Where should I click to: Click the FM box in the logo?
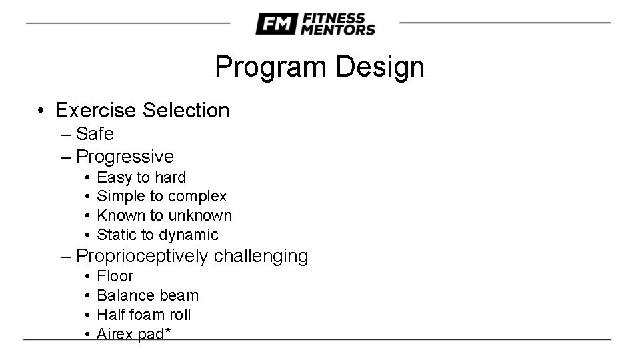coord(275,24)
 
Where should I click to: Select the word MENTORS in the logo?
coord(337,29)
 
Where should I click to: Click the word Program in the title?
coord(271,67)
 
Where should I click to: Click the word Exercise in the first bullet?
coord(96,110)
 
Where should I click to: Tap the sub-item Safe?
coord(95,134)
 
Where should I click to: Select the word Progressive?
coord(125,157)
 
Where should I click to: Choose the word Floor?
coord(115,276)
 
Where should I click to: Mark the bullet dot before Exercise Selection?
coord(41,111)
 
